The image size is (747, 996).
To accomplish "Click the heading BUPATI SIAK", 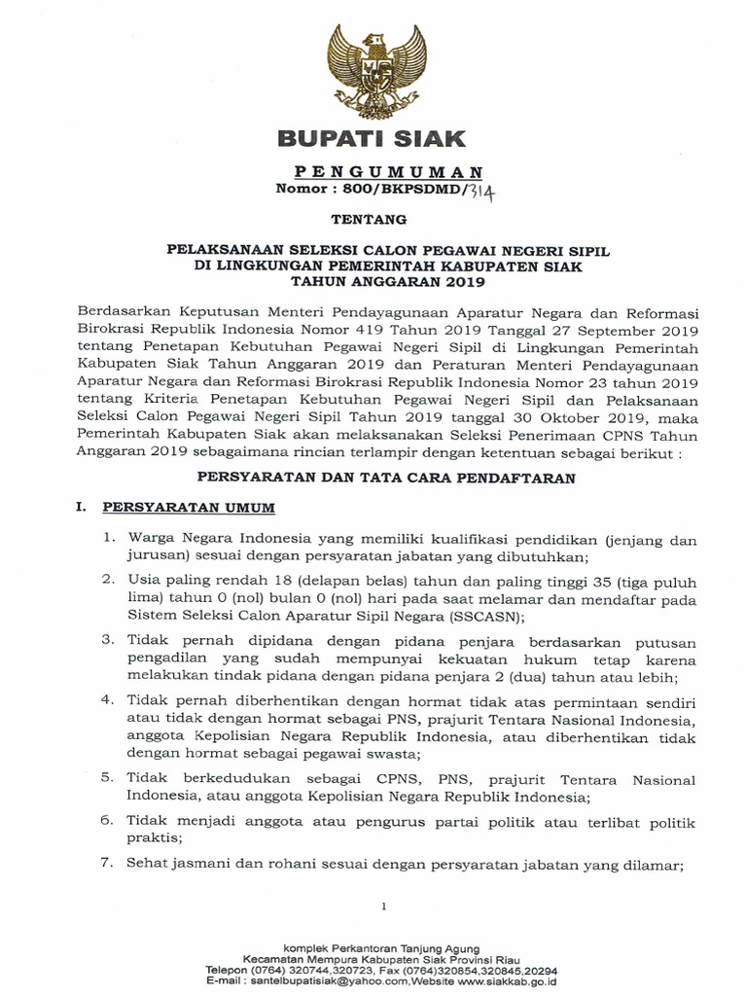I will click(x=372, y=136).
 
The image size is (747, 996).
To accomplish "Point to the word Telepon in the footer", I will click(x=229, y=970).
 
